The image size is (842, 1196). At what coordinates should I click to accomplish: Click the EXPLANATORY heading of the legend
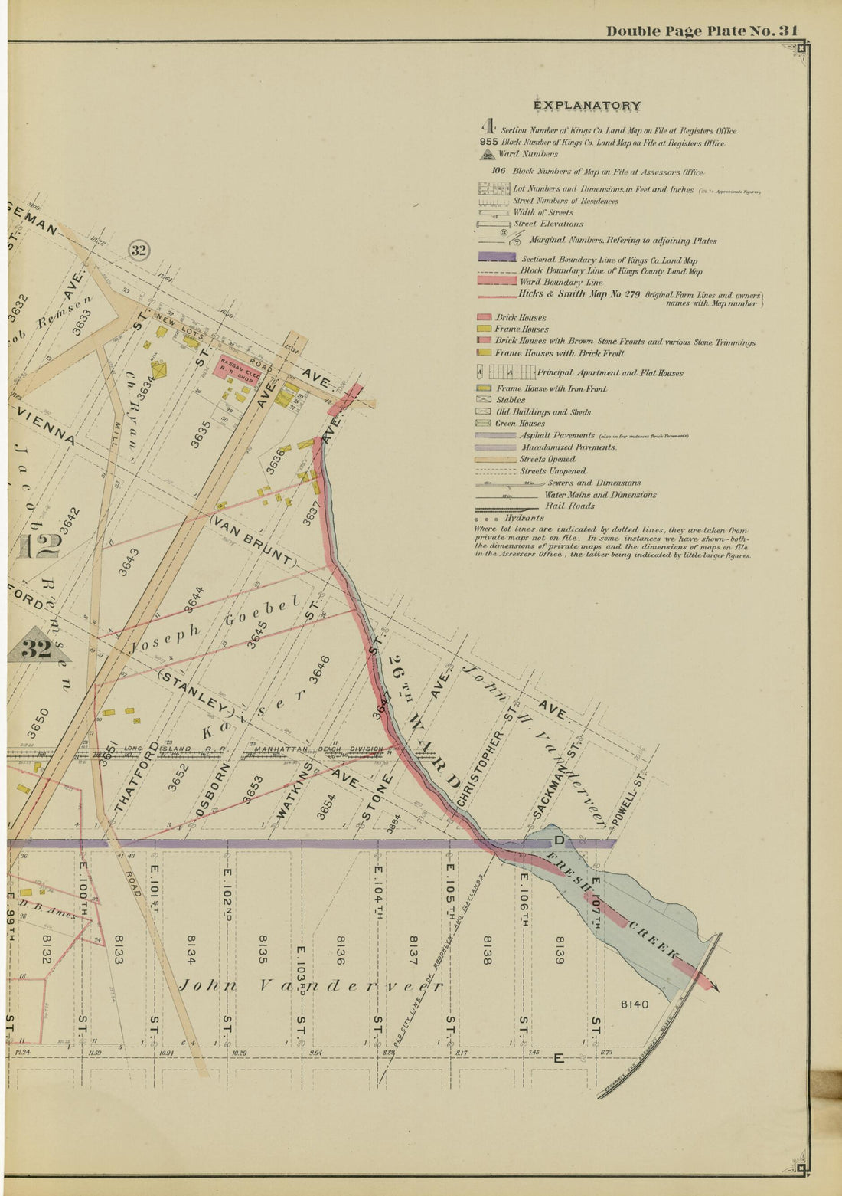point(587,106)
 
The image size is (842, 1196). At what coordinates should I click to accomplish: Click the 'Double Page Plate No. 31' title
point(702,31)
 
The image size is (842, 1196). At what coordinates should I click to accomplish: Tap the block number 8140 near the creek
point(634,1004)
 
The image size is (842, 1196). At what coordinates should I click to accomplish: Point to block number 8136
point(341,949)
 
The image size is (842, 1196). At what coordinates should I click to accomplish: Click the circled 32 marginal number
point(139,251)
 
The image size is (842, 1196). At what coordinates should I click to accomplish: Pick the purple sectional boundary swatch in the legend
point(496,259)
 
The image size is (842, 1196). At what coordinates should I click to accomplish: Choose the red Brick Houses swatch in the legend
point(484,316)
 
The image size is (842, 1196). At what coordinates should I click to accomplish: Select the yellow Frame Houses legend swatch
point(484,329)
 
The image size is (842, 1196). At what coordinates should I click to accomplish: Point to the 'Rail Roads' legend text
point(569,506)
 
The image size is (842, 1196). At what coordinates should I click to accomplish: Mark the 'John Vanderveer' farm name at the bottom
point(310,985)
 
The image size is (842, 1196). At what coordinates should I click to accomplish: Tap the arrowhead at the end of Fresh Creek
point(715,988)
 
